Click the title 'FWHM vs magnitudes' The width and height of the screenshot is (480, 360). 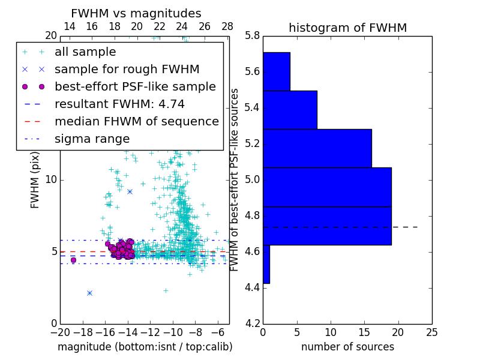(136, 13)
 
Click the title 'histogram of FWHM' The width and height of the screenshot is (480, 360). (347, 28)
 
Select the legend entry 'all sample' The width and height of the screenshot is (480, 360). (85, 52)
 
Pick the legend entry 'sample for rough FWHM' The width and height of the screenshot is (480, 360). (127, 69)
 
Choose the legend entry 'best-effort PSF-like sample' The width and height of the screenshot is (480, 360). (135, 86)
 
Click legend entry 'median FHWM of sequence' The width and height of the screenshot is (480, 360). (136, 121)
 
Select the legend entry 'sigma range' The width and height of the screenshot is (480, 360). (92, 139)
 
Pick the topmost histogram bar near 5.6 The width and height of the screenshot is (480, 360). (276, 71)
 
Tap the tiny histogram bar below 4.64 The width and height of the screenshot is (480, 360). (266, 264)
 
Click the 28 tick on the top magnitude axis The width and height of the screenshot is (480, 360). (227, 26)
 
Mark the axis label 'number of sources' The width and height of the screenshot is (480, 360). (347, 347)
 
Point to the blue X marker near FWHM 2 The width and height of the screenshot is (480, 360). (89, 293)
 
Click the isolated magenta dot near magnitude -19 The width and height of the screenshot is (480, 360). (73, 260)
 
